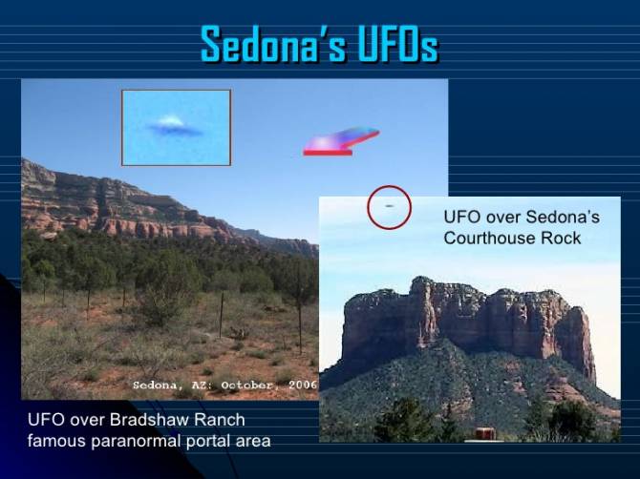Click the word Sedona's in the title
(x=273, y=45)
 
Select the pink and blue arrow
(x=341, y=141)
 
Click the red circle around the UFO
(x=389, y=186)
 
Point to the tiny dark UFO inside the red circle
(x=389, y=206)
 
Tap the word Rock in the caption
(x=561, y=239)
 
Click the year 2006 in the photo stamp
(x=303, y=385)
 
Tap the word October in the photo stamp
(x=250, y=385)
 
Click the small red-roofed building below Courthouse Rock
(x=485, y=433)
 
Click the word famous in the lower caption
(x=56, y=441)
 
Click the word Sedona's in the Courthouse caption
(x=563, y=217)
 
